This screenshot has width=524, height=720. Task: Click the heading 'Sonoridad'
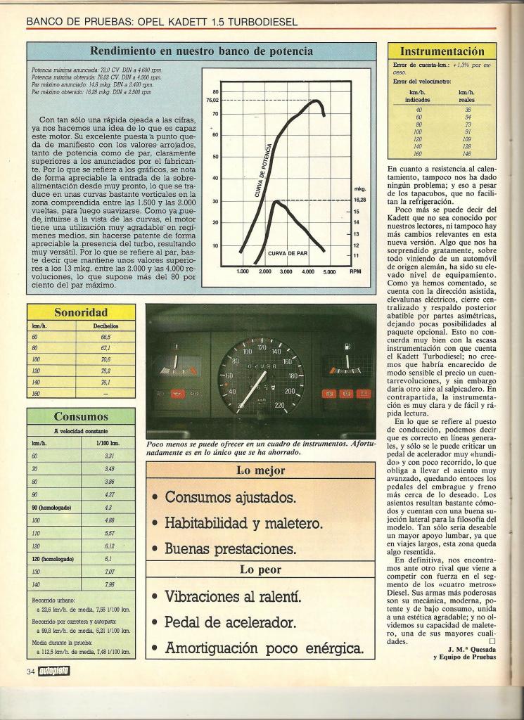coord(80,312)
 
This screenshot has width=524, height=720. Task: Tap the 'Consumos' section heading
coord(80,416)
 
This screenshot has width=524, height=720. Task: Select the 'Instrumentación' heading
coord(442,51)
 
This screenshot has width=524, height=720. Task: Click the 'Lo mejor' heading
coord(260,471)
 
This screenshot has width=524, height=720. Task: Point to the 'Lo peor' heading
coord(260,570)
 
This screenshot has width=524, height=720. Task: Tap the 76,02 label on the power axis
coord(212,100)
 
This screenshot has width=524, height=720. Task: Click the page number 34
coord(31,671)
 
